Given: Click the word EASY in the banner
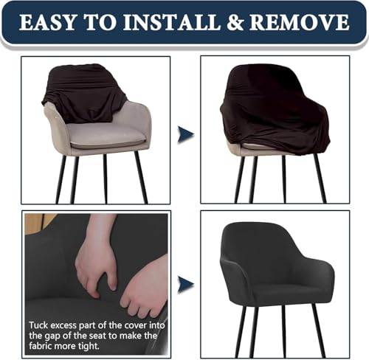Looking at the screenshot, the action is click(x=47, y=22).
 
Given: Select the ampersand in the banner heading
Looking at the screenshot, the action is click(x=235, y=22).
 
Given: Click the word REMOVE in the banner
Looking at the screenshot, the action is click(x=300, y=22).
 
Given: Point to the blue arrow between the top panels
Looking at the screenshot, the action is click(x=186, y=134).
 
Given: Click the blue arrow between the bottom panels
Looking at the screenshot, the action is click(x=186, y=285).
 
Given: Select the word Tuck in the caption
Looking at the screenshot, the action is click(x=38, y=325).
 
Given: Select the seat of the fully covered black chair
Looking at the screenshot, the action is click(x=278, y=294).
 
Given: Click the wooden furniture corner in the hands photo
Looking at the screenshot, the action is click(x=39, y=221).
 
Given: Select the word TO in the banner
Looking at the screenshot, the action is click(x=100, y=22).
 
